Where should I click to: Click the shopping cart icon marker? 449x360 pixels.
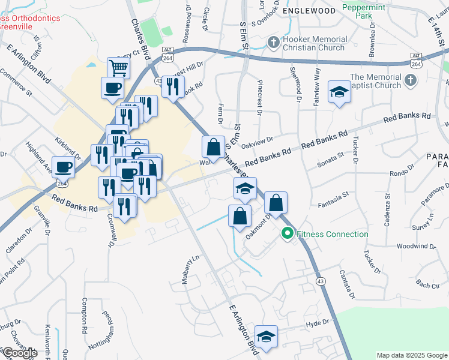pyautogui.click(x=119, y=68)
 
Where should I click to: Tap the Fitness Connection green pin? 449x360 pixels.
pyautogui.click(x=287, y=234)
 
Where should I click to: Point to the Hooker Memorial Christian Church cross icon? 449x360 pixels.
pyautogui.click(x=274, y=43)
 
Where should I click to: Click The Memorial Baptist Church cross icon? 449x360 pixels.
pyautogui.click(x=410, y=80)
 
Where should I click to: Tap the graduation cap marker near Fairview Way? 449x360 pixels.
pyautogui.click(x=339, y=92)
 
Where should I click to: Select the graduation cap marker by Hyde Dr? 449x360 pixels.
pyautogui.click(x=266, y=337)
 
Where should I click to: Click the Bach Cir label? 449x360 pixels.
pyautogui.click(x=427, y=285)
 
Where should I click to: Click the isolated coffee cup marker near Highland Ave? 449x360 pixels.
pyautogui.click(x=64, y=166)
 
